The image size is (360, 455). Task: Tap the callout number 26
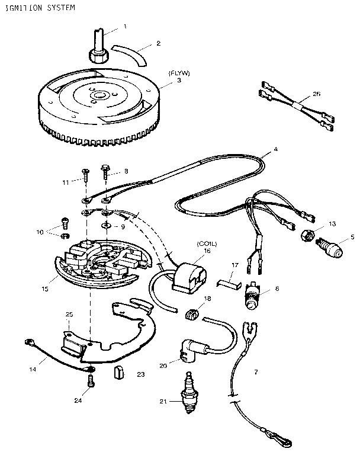pyautogui.click(x=316, y=93)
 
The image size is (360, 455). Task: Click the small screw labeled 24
pyautogui.click(x=91, y=382)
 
